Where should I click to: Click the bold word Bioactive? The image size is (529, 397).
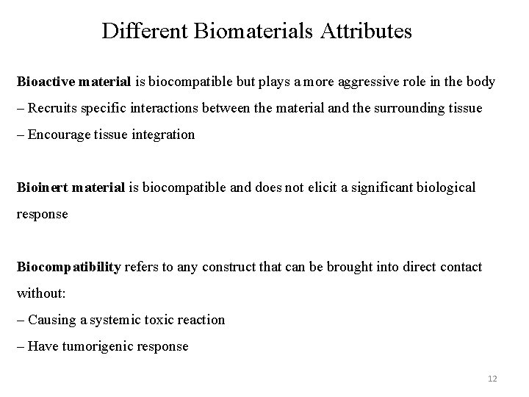44,82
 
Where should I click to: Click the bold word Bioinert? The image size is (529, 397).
41,187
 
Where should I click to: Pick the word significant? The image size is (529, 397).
375,187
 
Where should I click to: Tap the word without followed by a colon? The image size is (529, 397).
41,293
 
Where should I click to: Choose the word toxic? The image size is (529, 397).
162,320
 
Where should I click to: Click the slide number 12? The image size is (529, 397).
492,379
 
